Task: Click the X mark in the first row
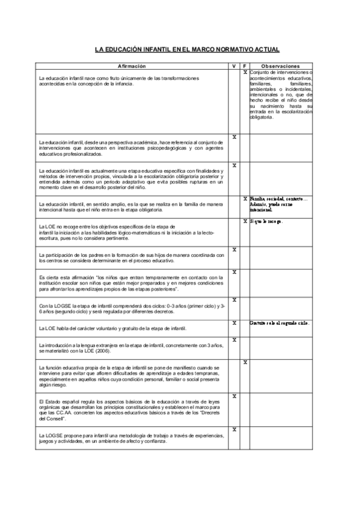pyautogui.click(x=245, y=72)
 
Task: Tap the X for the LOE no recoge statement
pyautogui.click(x=245, y=221)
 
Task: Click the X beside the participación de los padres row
pyautogui.click(x=234, y=249)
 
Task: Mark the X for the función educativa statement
pyautogui.click(x=245, y=363)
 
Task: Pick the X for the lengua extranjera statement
pyautogui.click(x=234, y=340)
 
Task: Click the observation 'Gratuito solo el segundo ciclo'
pyautogui.click(x=279, y=323)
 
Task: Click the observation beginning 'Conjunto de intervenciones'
pyautogui.click(x=281, y=94)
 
